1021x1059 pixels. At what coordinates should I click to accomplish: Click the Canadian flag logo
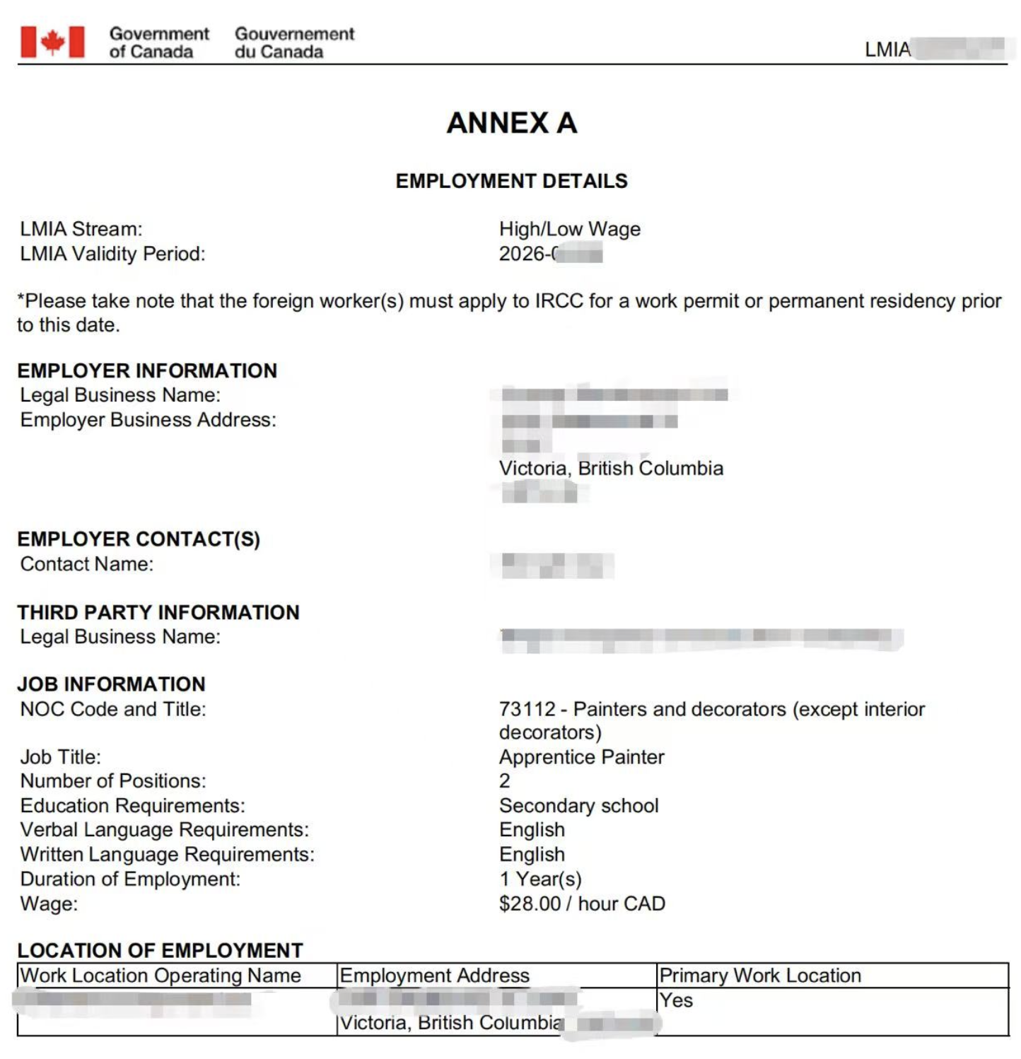(x=52, y=42)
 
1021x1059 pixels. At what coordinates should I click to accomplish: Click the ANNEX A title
(x=512, y=123)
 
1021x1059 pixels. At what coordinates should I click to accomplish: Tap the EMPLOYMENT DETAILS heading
(x=511, y=181)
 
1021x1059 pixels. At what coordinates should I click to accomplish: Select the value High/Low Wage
(x=569, y=229)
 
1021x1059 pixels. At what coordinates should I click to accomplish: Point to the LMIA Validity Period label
(x=112, y=254)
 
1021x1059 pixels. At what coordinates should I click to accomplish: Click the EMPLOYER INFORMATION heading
(x=147, y=370)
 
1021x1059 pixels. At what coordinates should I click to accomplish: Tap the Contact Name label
(x=86, y=564)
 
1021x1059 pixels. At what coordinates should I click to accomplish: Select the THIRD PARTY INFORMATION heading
(x=158, y=612)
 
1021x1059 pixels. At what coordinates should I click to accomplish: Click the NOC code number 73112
(x=527, y=709)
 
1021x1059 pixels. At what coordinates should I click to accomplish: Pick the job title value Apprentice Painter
(x=581, y=757)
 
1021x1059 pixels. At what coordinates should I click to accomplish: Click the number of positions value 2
(x=504, y=781)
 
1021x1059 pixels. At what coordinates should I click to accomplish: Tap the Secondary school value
(x=578, y=806)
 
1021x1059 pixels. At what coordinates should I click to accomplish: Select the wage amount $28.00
(x=530, y=904)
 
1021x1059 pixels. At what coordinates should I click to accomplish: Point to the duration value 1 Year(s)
(x=540, y=879)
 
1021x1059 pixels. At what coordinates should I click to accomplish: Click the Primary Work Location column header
(x=760, y=976)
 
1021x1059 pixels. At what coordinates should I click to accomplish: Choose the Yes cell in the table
(x=676, y=1000)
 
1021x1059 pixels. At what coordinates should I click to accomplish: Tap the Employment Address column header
(x=434, y=976)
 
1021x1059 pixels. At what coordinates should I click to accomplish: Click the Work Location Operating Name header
(x=161, y=976)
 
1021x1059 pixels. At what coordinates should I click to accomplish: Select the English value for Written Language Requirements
(x=532, y=855)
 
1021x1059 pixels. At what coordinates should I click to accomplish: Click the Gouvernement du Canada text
(x=294, y=42)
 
